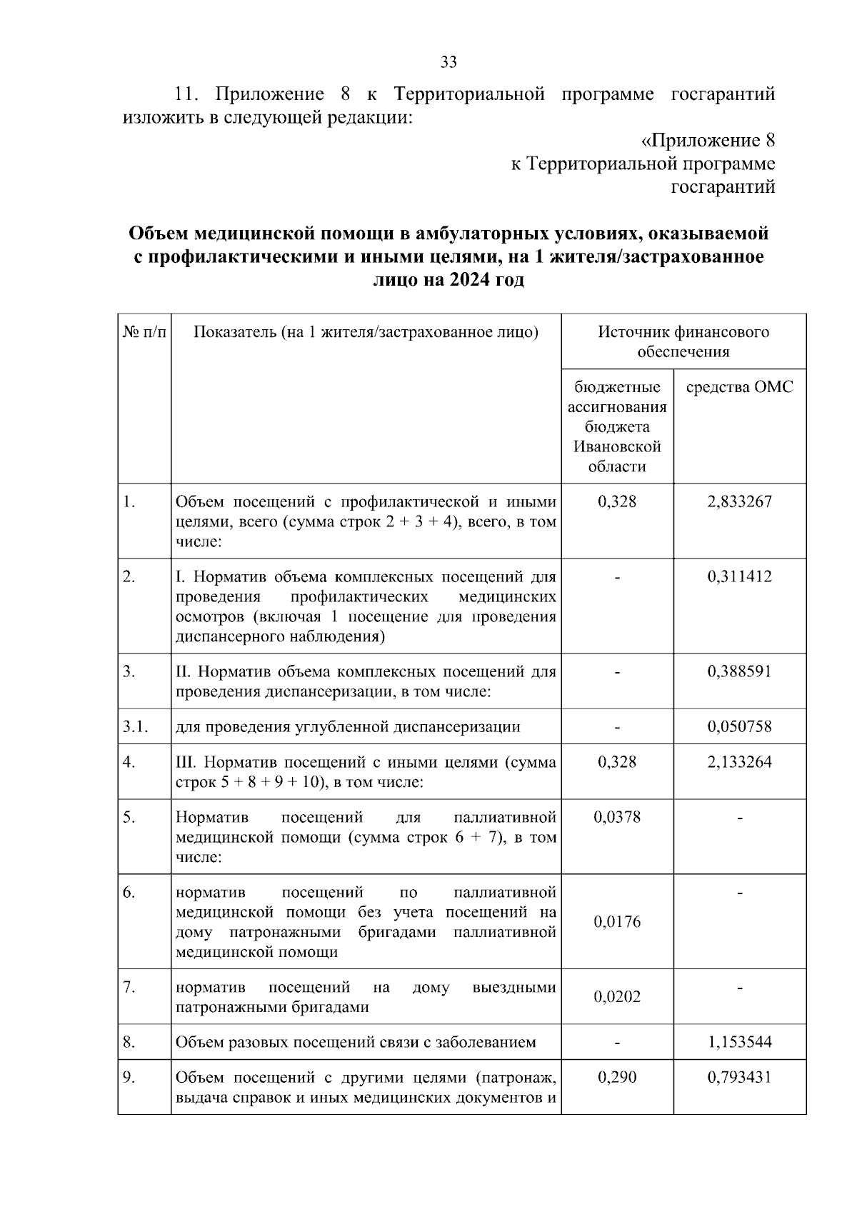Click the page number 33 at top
tap(448, 61)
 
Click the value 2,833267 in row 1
tap(739, 501)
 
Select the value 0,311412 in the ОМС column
tap(739, 576)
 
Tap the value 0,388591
tap(739, 671)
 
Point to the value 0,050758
tap(739, 727)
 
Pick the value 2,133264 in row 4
tap(739, 762)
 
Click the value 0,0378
tap(617, 816)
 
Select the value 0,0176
tap(617, 921)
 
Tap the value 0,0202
tap(617, 996)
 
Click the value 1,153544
tap(739, 1042)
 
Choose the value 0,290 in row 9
tap(617, 1077)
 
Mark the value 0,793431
tap(739, 1077)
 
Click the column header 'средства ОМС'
tap(739, 387)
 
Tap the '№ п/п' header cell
tap(144, 332)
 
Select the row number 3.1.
tap(135, 727)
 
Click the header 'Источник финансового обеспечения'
tap(683, 341)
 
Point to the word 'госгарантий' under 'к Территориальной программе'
tap(723, 187)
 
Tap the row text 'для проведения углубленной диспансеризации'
tap(348, 727)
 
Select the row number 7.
tap(129, 987)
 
